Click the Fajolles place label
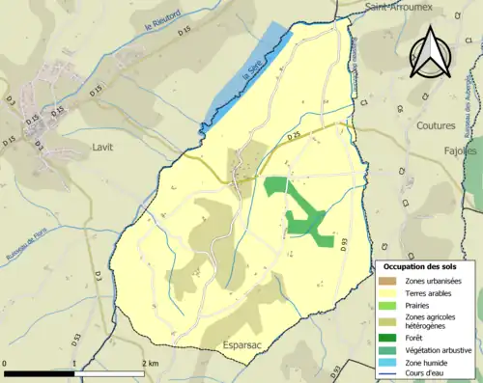pos(461,151)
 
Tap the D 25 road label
pos(293,137)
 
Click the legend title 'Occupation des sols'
pos(420,266)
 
